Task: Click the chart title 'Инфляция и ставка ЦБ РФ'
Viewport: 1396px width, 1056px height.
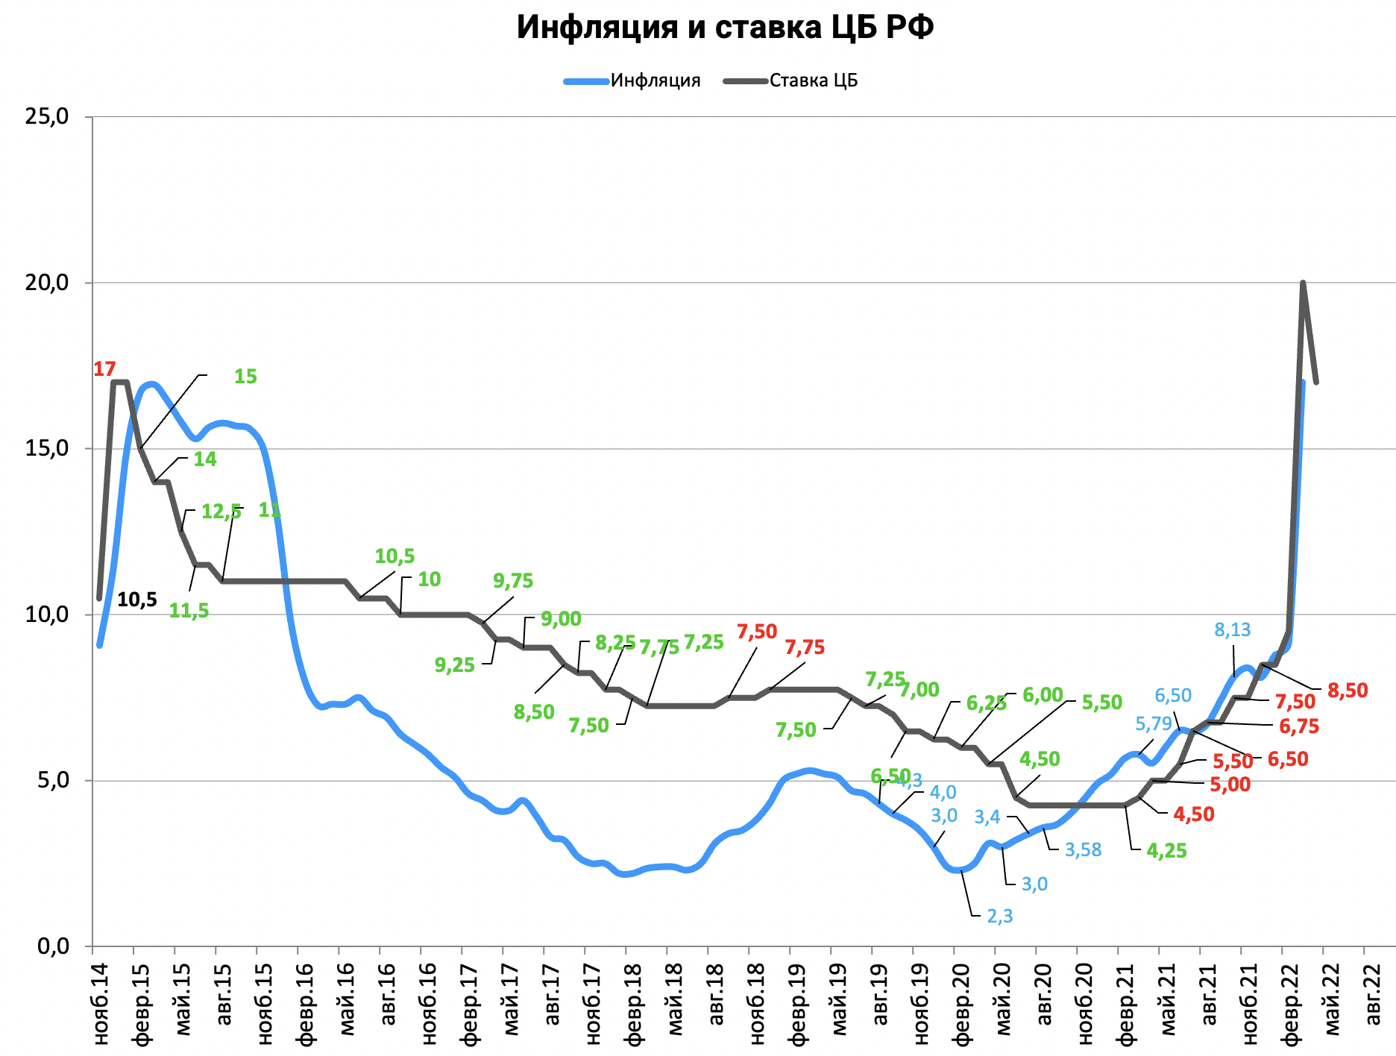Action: coord(725,28)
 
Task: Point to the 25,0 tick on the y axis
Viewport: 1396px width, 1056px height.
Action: coord(47,116)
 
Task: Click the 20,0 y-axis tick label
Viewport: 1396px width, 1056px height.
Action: coord(47,283)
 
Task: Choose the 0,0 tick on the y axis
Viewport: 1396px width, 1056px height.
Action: coord(52,946)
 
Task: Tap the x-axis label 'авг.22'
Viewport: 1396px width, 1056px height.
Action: coord(1372,992)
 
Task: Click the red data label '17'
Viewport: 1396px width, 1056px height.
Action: coord(104,369)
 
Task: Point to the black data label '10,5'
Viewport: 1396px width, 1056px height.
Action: coord(137,600)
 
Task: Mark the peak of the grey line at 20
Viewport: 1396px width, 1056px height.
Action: coord(1302,283)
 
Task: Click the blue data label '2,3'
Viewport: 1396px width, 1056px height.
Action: coord(999,916)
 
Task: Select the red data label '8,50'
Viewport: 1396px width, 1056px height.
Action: coord(1347,691)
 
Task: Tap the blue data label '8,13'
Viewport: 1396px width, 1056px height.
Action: coord(1232,630)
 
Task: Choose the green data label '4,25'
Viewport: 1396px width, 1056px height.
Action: coord(1166,851)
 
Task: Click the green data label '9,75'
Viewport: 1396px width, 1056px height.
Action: coord(513,581)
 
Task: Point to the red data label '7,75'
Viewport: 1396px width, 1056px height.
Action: coord(805,647)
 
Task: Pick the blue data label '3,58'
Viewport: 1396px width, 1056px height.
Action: coord(1083,850)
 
